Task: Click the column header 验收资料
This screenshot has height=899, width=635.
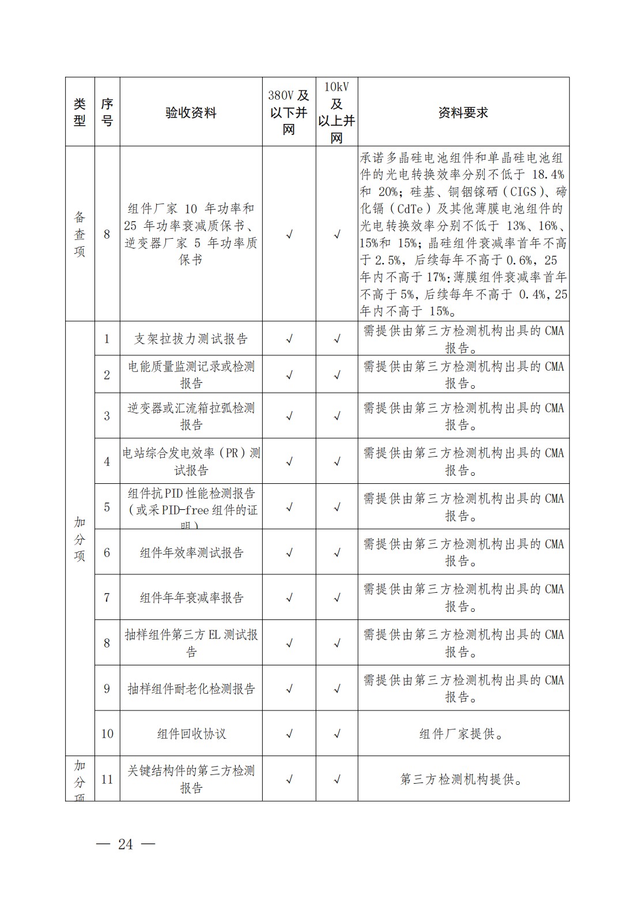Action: (191, 112)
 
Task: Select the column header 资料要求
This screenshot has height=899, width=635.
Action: (463, 112)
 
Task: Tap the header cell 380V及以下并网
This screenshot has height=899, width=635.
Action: (289, 112)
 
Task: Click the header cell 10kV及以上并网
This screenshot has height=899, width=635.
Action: (337, 112)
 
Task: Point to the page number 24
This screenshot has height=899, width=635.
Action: (126, 844)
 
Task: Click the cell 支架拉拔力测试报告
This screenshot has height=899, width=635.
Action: (191, 338)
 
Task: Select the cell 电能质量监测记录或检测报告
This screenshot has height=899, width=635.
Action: (191, 375)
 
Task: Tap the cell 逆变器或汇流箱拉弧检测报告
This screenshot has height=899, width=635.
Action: (191, 416)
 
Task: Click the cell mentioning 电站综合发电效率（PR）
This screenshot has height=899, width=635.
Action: (191, 461)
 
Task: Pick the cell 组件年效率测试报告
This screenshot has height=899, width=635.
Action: (191, 552)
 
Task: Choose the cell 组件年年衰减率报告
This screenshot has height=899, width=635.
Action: (191, 597)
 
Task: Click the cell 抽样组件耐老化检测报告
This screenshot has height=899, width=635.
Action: (191, 689)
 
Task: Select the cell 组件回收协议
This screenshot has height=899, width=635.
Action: (191, 734)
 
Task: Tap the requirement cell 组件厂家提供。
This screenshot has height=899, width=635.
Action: (463, 734)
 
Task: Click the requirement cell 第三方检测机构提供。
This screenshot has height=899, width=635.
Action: (463, 780)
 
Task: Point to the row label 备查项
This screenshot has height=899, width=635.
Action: (80, 234)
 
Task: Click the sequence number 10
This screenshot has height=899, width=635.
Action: (107, 734)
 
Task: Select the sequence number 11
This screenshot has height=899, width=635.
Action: (107, 780)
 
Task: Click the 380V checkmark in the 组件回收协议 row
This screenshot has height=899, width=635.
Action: (289, 734)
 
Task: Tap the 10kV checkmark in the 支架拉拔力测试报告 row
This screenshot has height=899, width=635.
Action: (337, 339)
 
